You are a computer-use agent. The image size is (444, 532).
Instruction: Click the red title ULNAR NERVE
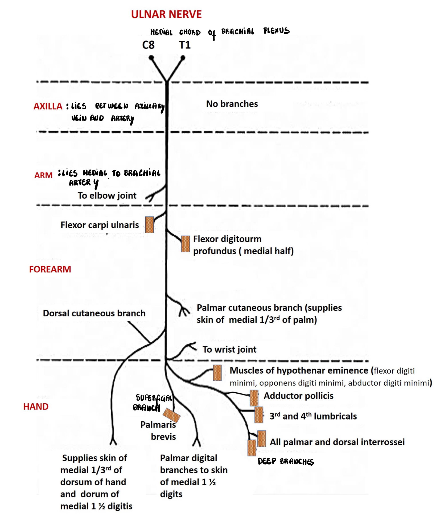pyautogui.click(x=166, y=14)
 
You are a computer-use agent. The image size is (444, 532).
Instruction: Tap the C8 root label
pyautogui.click(x=148, y=45)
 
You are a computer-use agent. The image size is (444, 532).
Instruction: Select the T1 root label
pyautogui.click(x=185, y=45)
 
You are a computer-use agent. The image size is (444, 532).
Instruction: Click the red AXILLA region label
pyautogui.click(x=48, y=106)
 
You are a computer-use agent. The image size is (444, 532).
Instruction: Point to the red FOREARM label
pyautogui.click(x=50, y=269)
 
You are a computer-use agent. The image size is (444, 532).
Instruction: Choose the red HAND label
pyautogui.click(x=36, y=407)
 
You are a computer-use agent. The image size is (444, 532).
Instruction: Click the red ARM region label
pyautogui.click(x=43, y=175)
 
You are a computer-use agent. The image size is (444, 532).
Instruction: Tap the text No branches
pyautogui.click(x=232, y=104)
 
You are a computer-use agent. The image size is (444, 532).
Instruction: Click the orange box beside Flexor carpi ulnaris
pyautogui.click(x=149, y=225)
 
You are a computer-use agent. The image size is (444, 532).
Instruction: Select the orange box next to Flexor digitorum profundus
pyautogui.click(x=186, y=244)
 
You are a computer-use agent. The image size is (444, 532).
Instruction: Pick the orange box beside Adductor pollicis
pyautogui.click(x=254, y=398)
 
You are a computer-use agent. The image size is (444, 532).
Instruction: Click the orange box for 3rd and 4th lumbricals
pyautogui.click(x=259, y=415)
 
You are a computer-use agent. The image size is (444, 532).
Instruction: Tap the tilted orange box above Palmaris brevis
pyautogui.click(x=171, y=415)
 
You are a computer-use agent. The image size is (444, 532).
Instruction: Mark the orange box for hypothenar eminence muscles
pyautogui.click(x=217, y=373)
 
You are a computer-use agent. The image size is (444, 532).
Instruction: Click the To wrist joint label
pyautogui.click(x=229, y=349)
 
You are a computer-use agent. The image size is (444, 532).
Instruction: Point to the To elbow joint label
pyautogui.click(x=107, y=196)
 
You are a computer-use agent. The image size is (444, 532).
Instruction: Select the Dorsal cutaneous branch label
pyautogui.click(x=94, y=313)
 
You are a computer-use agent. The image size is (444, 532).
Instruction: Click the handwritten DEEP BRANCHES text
pyautogui.click(x=286, y=462)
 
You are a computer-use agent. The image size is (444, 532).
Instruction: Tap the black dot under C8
pyautogui.click(x=151, y=58)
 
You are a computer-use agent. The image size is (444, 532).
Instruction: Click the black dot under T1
pyautogui.click(x=183, y=58)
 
